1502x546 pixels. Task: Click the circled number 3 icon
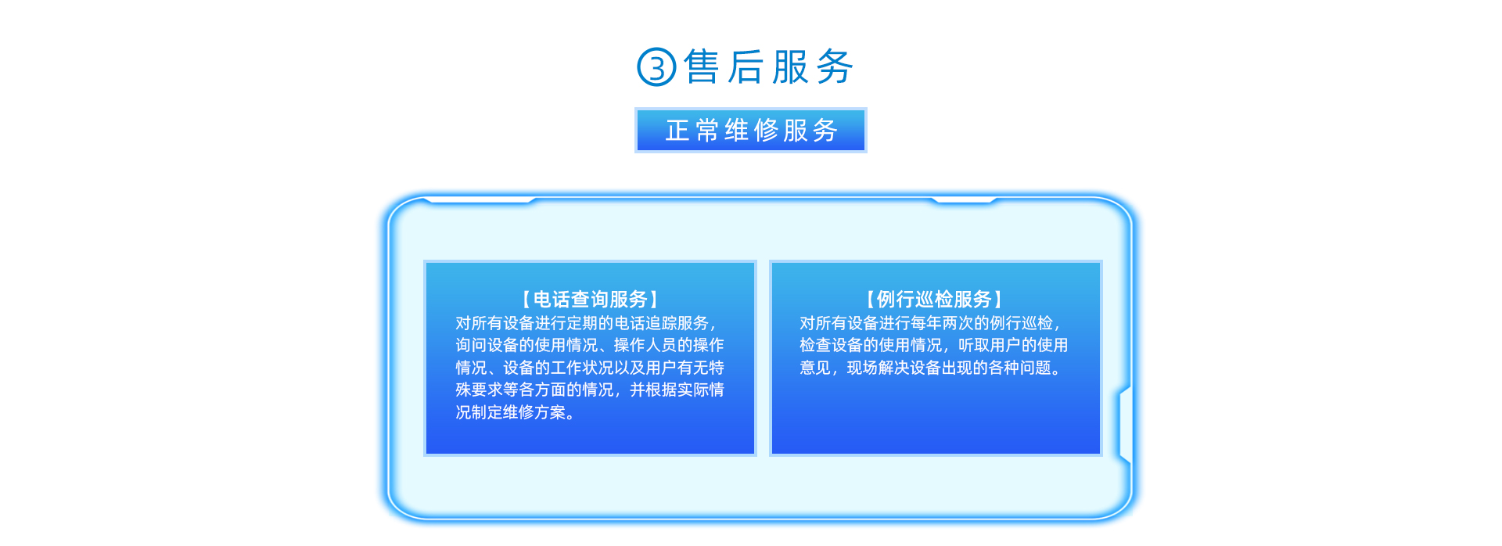pyautogui.click(x=656, y=67)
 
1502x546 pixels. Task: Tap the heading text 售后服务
pyautogui.click(x=768, y=66)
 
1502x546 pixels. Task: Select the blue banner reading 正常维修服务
pyautogui.click(x=751, y=130)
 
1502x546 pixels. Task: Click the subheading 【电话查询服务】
pyautogui.click(x=590, y=300)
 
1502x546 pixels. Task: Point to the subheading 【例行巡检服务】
pyautogui.click(x=935, y=300)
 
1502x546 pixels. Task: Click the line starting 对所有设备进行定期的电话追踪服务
pyautogui.click(x=587, y=323)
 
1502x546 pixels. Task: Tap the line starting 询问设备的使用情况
pyautogui.click(x=590, y=345)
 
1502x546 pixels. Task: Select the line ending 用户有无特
pyautogui.click(x=590, y=368)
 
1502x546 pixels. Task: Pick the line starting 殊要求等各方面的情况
pyautogui.click(x=590, y=390)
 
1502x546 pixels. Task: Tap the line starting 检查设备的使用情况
pyautogui.click(x=934, y=345)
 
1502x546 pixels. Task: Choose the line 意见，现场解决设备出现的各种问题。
pyautogui.click(x=931, y=368)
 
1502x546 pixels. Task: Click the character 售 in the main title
pyautogui.click(x=702, y=66)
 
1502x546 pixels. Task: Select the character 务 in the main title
pyautogui.click(x=835, y=66)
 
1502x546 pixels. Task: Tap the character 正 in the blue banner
pyautogui.click(x=677, y=130)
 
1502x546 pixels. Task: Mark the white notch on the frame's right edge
pyautogui.click(x=1126, y=422)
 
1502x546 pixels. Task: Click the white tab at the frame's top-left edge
pyautogui.click(x=480, y=200)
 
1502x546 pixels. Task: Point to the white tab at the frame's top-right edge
pyautogui.click(x=963, y=200)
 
